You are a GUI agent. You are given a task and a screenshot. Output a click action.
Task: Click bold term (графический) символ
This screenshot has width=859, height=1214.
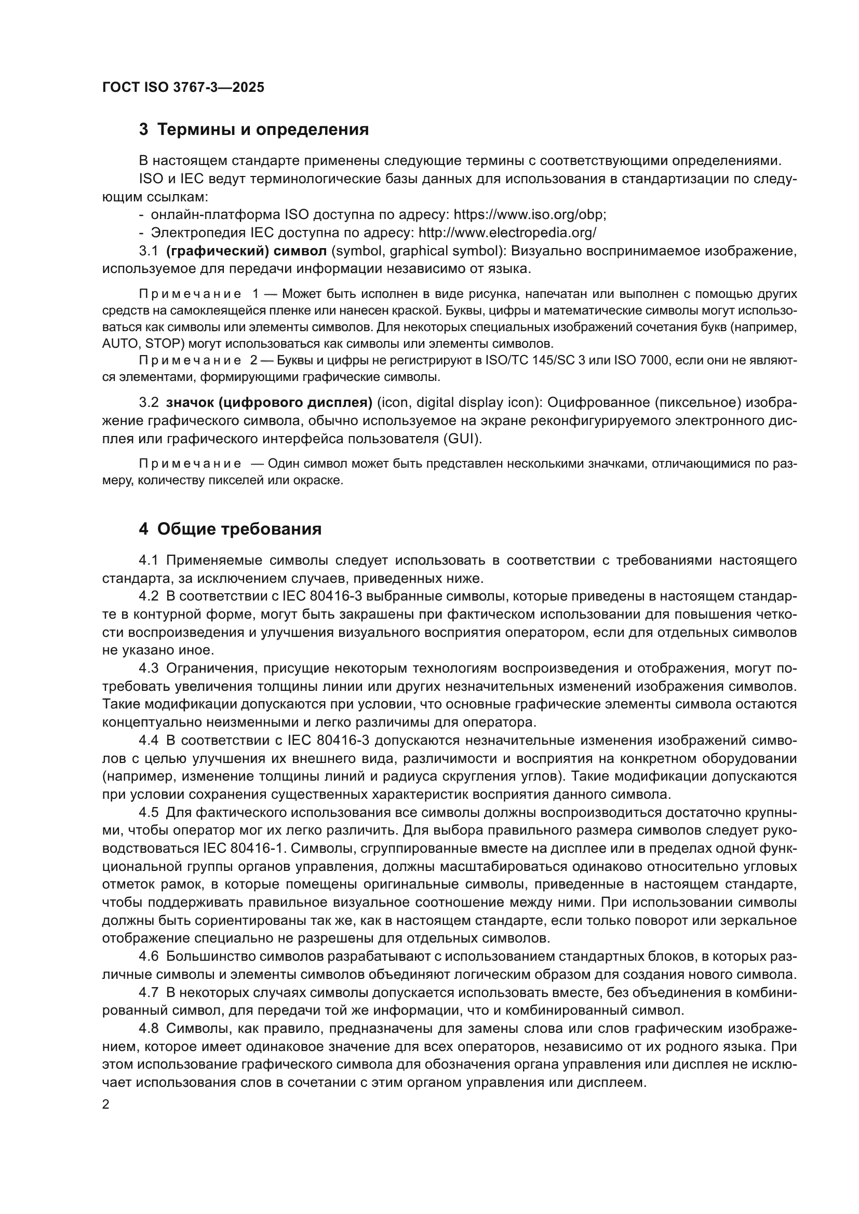point(246,251)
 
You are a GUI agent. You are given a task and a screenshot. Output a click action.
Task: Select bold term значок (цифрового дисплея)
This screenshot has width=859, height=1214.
point(269,402)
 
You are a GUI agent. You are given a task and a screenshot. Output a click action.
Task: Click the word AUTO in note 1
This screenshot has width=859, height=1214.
point(120,344)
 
